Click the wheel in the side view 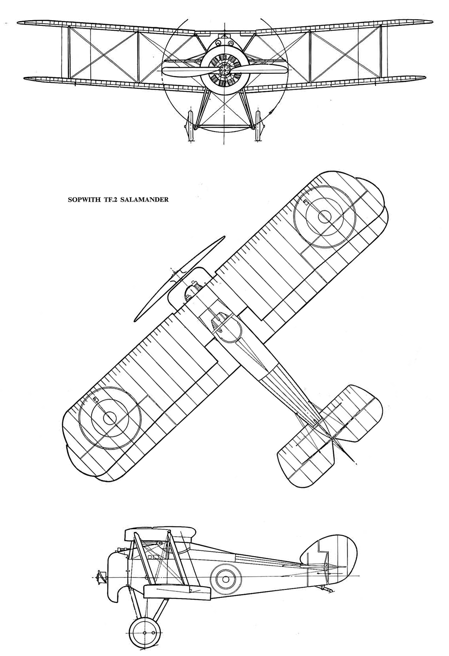(144, 632)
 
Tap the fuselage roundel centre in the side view (226, 579)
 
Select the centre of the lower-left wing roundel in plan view (110, 419)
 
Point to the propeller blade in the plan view (180, 278)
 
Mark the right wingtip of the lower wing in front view (425, 77)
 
